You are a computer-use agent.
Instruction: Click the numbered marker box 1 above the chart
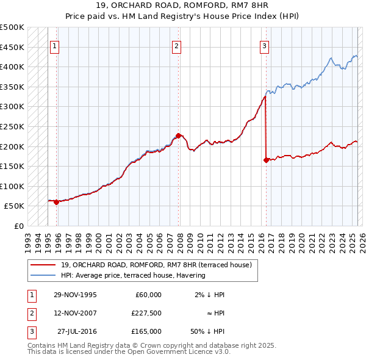click(55, 45)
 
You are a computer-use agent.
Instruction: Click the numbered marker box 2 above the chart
click(176, 45)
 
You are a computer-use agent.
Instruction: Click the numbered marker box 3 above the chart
click(264, 45)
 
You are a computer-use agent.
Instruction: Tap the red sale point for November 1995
click(56, 202)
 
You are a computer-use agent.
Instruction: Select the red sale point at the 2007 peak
click(178, 135)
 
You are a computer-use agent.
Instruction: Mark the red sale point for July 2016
click(266, 160)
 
